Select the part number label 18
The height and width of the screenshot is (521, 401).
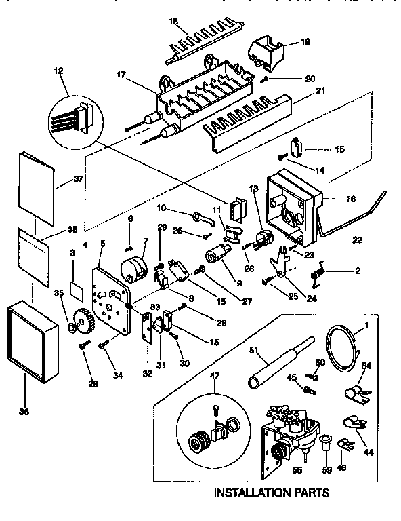click(x=173, y=22)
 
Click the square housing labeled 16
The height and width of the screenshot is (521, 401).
click(x=293, y=208)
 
